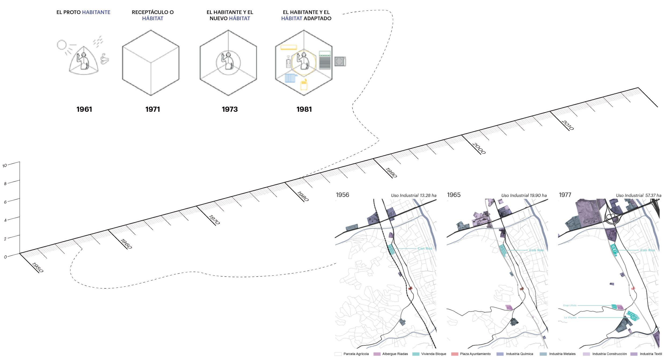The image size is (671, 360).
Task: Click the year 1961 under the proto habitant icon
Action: [x=84, y=109]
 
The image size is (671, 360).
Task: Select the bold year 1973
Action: [x=230, y=109]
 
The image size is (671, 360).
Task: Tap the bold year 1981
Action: [x=304, y=109]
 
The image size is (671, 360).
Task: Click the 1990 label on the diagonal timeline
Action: [x=391, y=173]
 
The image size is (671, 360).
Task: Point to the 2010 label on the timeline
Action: [x=567, y=125]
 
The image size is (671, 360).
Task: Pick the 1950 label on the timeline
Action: [x=37, y=267]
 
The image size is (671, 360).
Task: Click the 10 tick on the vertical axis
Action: [x=5, y=166]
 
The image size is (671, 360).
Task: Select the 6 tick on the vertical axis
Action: [x=5, y=202]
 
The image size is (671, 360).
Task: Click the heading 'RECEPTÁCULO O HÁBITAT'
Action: [x=152, y=15]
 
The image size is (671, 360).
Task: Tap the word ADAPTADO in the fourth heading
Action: [x=318, y=19]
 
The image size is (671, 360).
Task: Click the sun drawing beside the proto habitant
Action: [x=62, y=45]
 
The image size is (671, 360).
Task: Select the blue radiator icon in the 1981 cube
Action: [x=290, y=78]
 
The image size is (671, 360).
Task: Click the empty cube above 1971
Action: [x=151, y=63]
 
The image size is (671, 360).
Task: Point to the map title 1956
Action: [x=342, y=195]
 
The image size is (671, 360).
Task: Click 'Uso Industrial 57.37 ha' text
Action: [x=639, y=195]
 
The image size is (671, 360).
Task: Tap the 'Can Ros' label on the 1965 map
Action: [x=536, y=250]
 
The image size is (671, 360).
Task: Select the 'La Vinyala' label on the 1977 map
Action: [x=570, y=318]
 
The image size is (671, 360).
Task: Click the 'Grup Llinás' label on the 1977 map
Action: [x=570, y=306]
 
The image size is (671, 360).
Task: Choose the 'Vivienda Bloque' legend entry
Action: [x=433, y=354]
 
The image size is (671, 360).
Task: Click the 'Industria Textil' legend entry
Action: [x=651, y=354]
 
